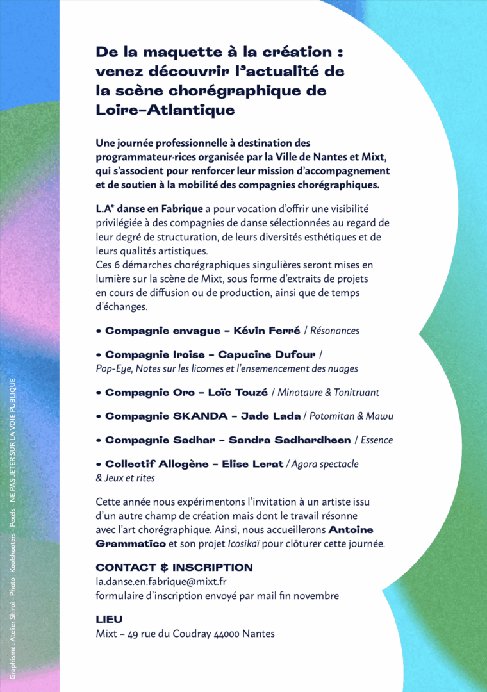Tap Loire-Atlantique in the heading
pos(165,110)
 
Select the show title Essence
pos(377,440)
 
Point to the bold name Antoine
pos(351,530)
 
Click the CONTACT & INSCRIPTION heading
pos(174,568)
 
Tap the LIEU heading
pos(109,620)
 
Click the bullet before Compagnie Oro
pos(99,393)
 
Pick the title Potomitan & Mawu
pos(352,416)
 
